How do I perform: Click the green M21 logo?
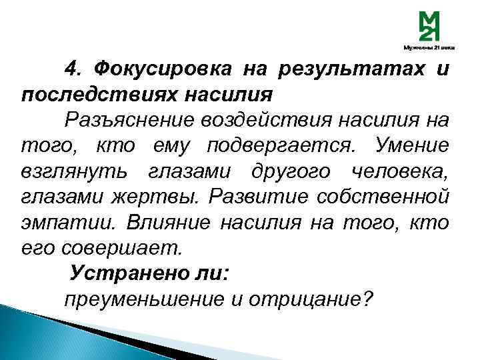coord(429,27)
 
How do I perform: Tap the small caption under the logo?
coord(430,48)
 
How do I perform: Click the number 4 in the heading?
coord(71,69)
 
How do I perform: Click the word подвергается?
coord(287,144)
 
